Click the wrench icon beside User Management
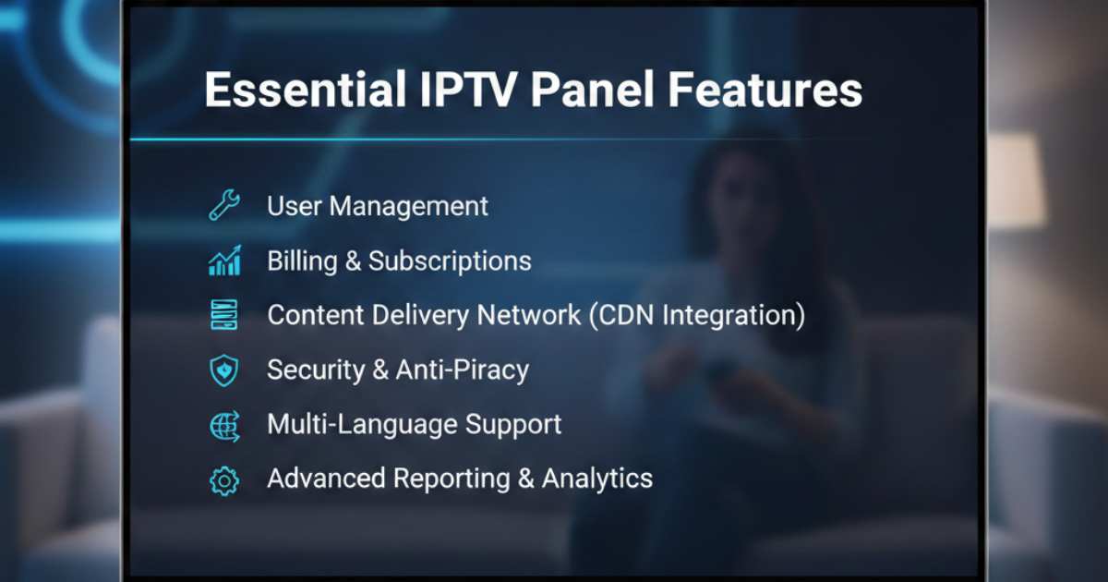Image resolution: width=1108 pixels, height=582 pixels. [x=224, y=205]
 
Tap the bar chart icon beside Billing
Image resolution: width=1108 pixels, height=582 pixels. [x=224, y=261]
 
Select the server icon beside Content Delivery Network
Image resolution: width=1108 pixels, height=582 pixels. [x=224, y=315]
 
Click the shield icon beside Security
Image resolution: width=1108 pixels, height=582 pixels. [x=224, y=370]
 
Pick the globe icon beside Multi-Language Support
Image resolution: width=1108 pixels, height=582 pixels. [x=224, y=425]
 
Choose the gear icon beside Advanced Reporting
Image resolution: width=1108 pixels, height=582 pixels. [x=224, y=480]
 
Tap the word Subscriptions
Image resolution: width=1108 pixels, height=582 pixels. [x=450, y=261]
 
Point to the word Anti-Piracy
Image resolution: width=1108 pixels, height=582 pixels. [x=462, y=370]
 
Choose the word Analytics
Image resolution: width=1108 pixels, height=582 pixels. [x=596, y=479]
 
